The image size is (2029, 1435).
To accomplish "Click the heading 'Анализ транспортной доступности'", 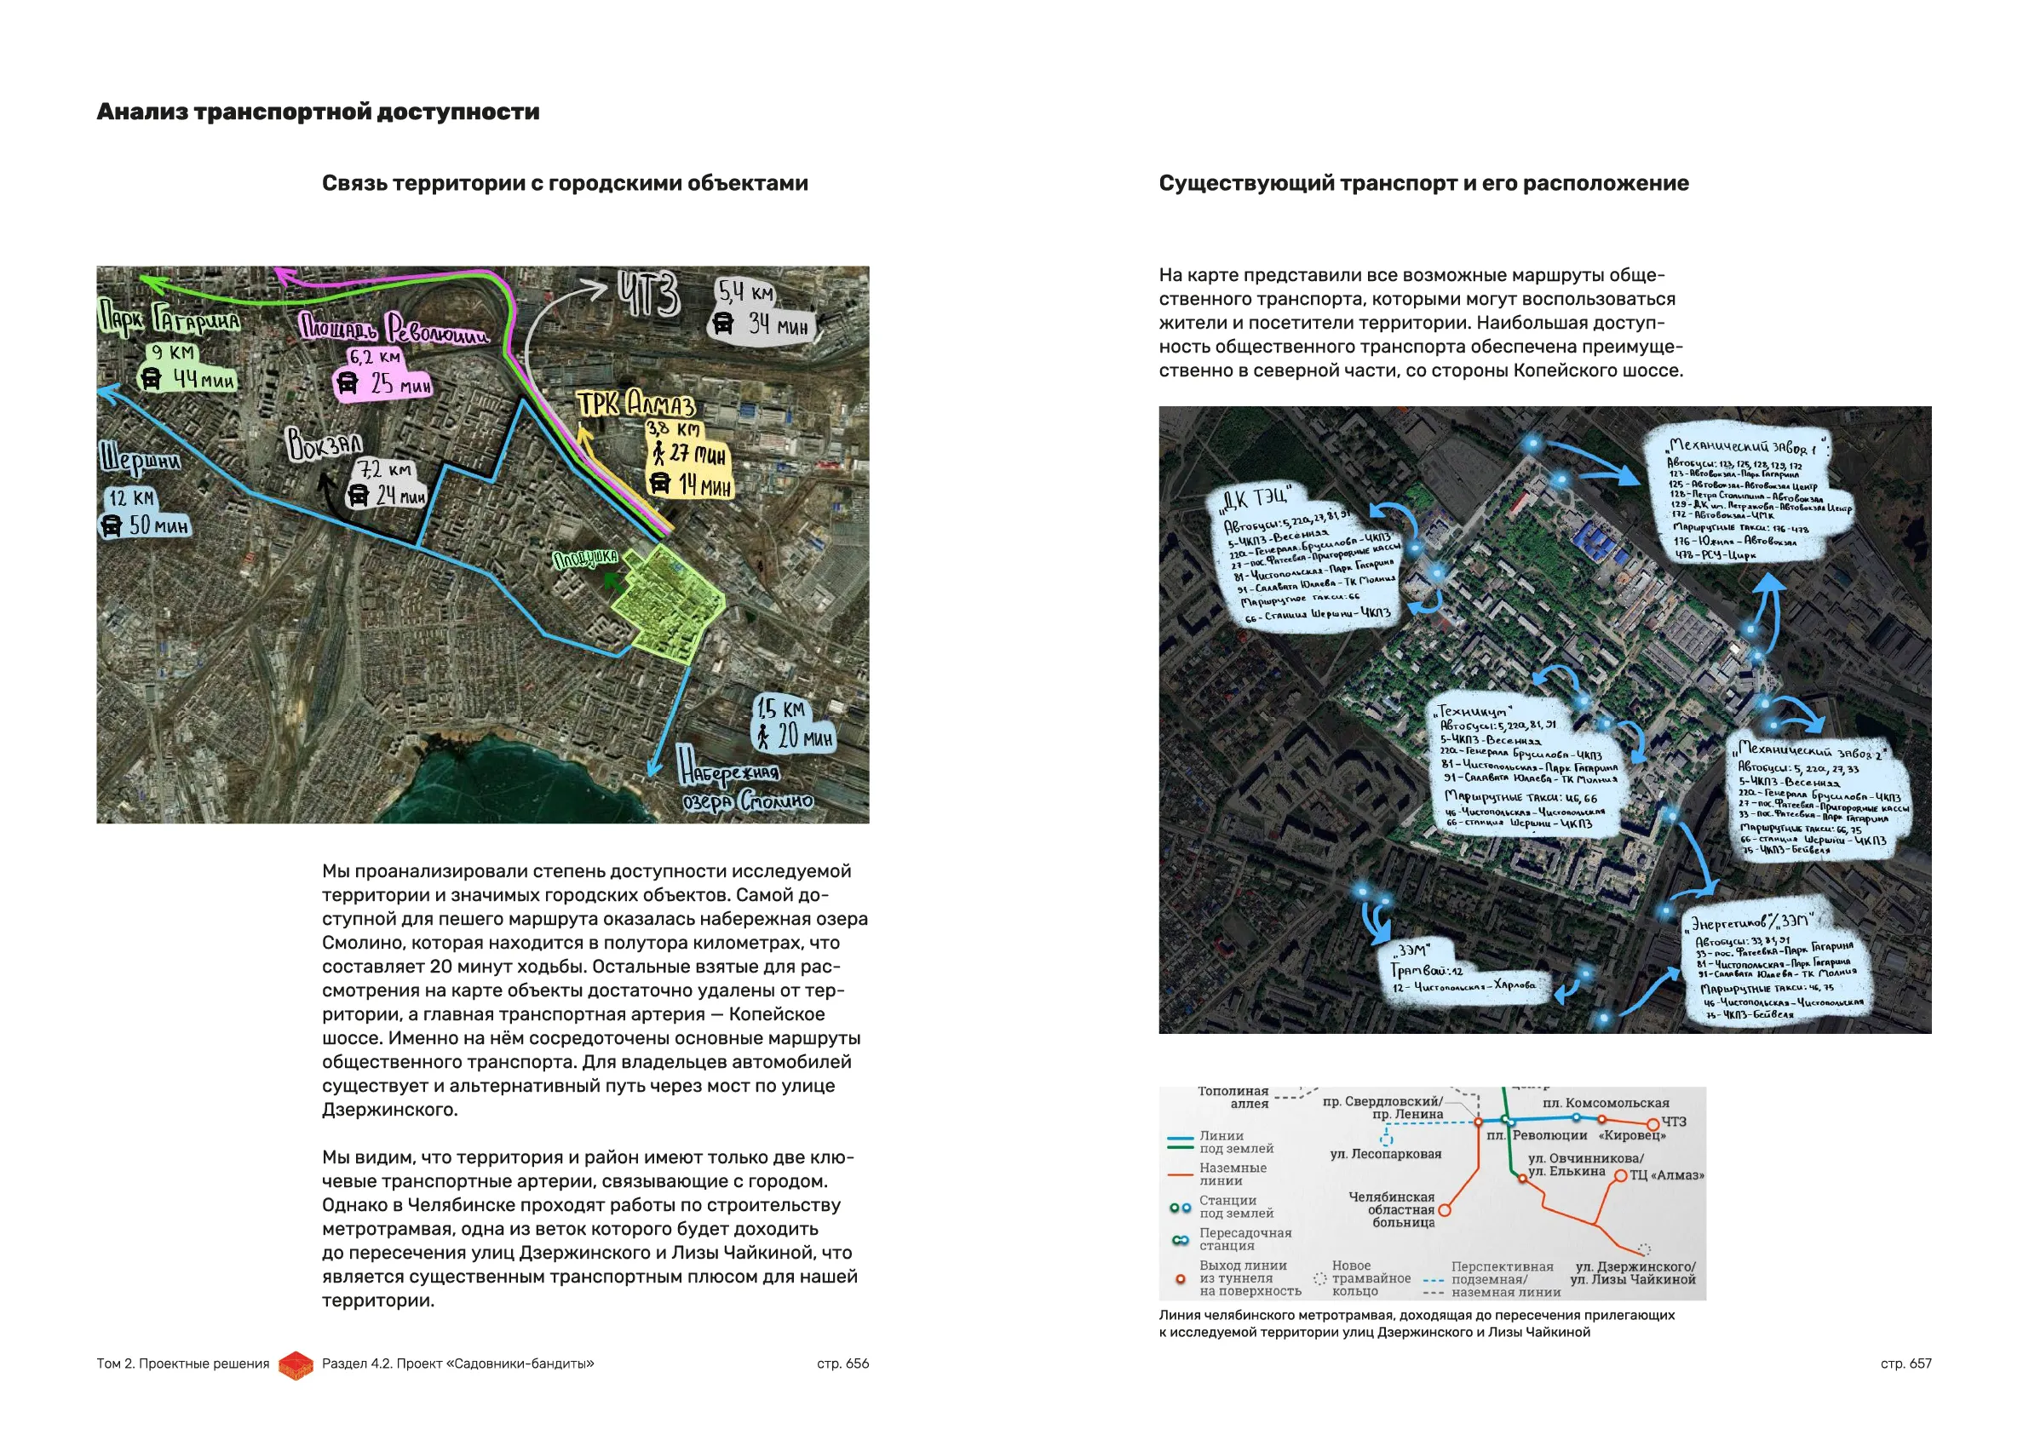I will point(317,112).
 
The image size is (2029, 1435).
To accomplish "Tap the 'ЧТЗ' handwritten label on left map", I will point(650,295).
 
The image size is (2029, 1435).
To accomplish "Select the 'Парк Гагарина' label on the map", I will point(168,320).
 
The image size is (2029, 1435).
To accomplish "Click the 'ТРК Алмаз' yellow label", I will point(636,405).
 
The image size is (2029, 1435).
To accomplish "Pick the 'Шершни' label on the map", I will point(140,460).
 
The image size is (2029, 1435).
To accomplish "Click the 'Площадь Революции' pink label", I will point(393,329).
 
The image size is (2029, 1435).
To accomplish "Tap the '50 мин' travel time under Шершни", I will point(158,526).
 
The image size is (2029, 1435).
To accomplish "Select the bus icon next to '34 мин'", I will point(723,324).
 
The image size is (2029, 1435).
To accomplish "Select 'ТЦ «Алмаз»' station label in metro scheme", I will point(1666,1175).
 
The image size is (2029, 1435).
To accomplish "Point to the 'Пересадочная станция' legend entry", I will point(1244,1239).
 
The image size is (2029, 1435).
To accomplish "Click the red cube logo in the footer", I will point(296,1365).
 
